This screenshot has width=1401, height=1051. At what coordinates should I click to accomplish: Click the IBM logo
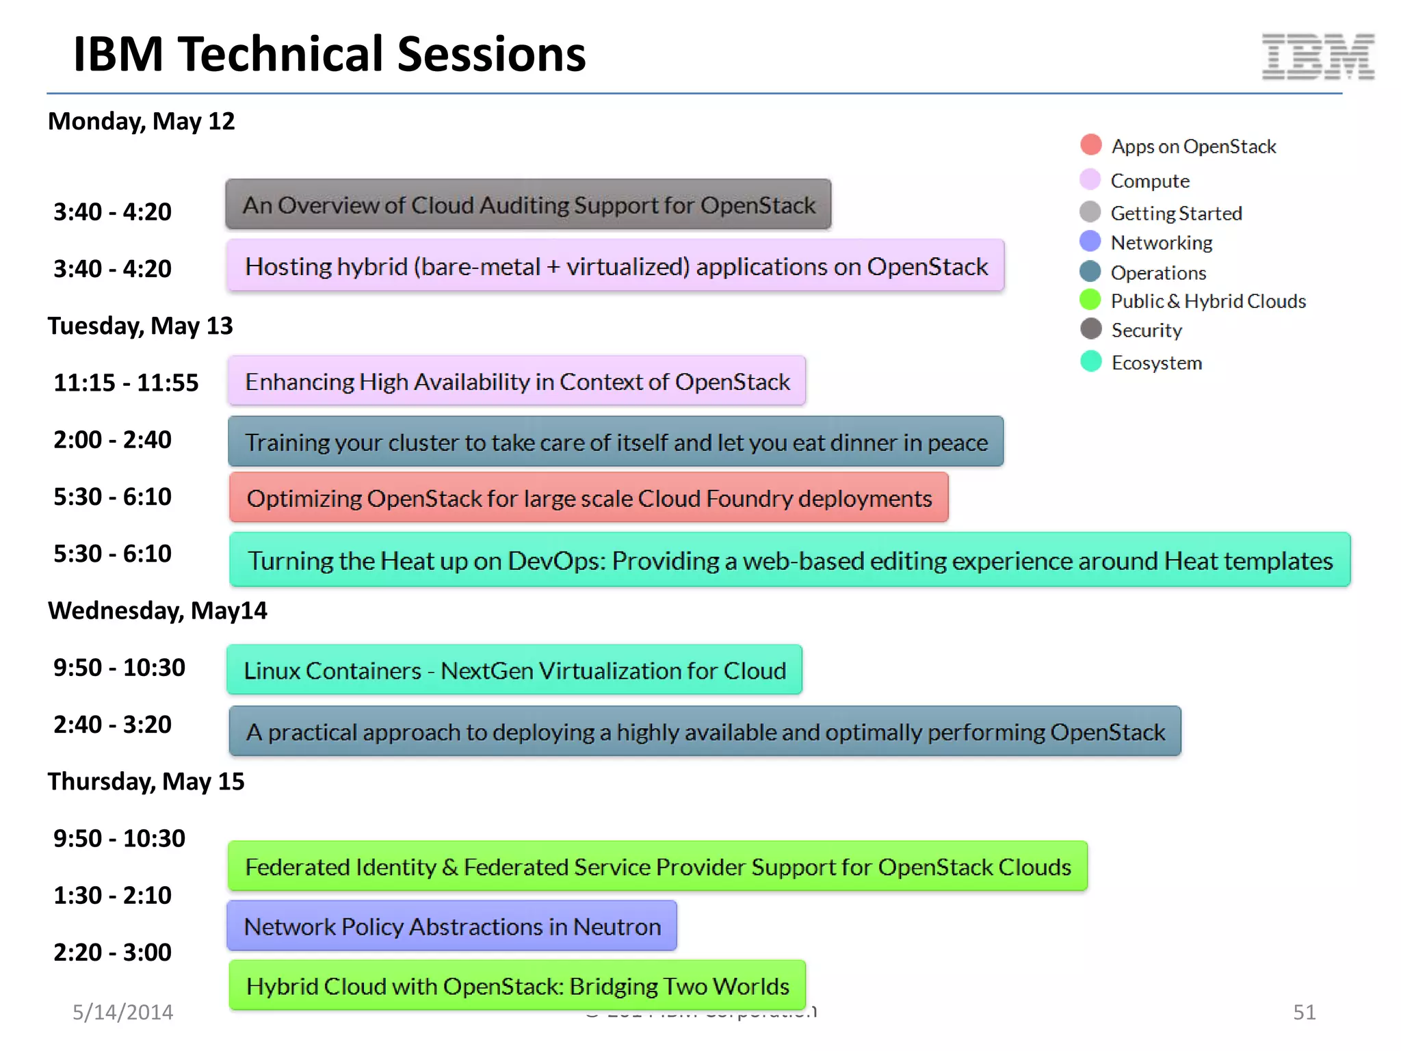coord(1318,56)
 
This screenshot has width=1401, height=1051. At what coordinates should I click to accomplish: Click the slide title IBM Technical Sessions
coord(329,54)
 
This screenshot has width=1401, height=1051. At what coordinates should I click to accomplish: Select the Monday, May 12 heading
coord(141,121)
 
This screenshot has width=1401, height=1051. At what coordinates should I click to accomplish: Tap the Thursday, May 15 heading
coord(146,781)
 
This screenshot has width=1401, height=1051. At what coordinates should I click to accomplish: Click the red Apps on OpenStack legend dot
coord(1090,145)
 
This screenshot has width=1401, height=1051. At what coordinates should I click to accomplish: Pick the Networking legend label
coord(1161,243)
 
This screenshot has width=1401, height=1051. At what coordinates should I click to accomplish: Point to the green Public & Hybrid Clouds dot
coord(1090,300)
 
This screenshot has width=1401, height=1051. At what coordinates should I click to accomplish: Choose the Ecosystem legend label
coord(1156,363)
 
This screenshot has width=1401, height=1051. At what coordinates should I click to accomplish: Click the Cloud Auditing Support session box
coord(528,205)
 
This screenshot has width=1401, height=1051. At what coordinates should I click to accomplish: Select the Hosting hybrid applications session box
coord(616,265)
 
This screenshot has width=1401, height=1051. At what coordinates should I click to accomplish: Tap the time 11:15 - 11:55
coord(126,382)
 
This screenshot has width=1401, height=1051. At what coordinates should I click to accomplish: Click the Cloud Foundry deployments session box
coord(588,498)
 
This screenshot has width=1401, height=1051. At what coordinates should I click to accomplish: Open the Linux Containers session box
coord(514,670)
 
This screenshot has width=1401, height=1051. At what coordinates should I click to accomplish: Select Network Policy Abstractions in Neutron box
coord(451,926)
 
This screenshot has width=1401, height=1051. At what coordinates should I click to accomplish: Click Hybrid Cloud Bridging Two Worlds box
coord(517,986)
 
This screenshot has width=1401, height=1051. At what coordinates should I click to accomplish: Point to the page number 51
coord(1304,1012)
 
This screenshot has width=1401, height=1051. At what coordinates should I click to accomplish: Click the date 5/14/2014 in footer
coord(122,1012)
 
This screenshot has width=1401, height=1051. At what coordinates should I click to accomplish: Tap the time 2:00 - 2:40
coord(112,440)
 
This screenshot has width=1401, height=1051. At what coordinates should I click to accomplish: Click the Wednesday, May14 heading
coord(157,610)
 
